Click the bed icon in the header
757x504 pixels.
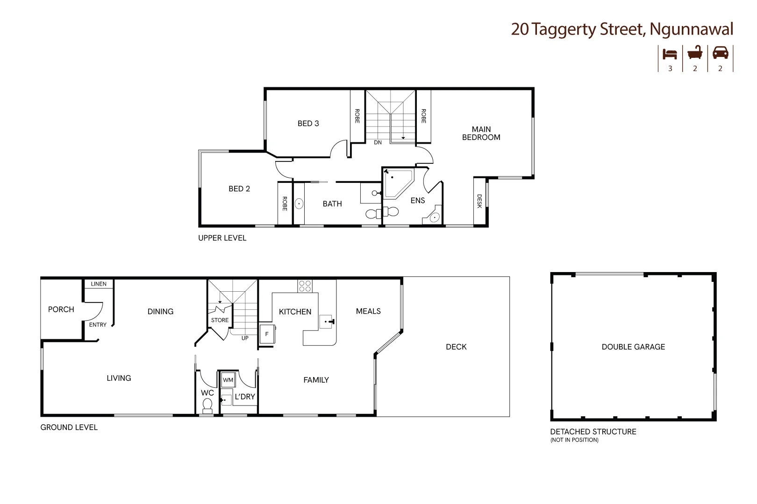point(670,54)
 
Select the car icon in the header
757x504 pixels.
point(720,52)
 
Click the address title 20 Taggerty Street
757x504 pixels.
point(621,29)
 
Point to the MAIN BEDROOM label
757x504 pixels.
point(481,133)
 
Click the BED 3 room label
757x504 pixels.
point(308,124)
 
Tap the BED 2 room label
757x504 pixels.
point(239,189)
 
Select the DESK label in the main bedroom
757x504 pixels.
point(479,201)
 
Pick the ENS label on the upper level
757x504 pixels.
point(417,201)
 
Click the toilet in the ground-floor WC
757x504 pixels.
point(207,406)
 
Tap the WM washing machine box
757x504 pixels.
point(228,380)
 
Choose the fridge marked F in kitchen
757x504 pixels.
point(267,334)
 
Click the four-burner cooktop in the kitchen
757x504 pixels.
point(305,286)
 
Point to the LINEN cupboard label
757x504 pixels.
point(99,284)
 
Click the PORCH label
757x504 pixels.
point(61,309)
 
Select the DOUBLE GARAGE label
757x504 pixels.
point(633,347)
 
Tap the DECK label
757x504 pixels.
point(456,347)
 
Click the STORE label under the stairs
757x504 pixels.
point(220,320)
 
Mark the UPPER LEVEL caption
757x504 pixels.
point(222,238)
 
